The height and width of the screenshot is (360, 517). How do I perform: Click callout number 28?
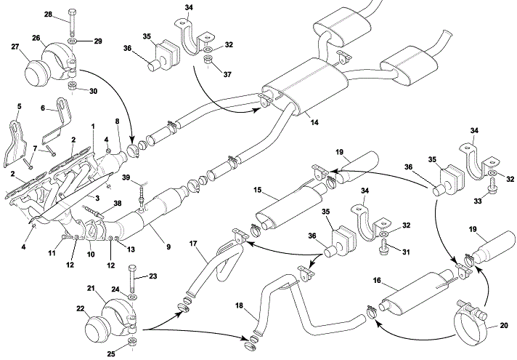(47, 14)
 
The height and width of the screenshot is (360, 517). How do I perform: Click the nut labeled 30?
(73, 88)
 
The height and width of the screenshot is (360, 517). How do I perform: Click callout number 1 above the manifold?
(93, 127)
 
